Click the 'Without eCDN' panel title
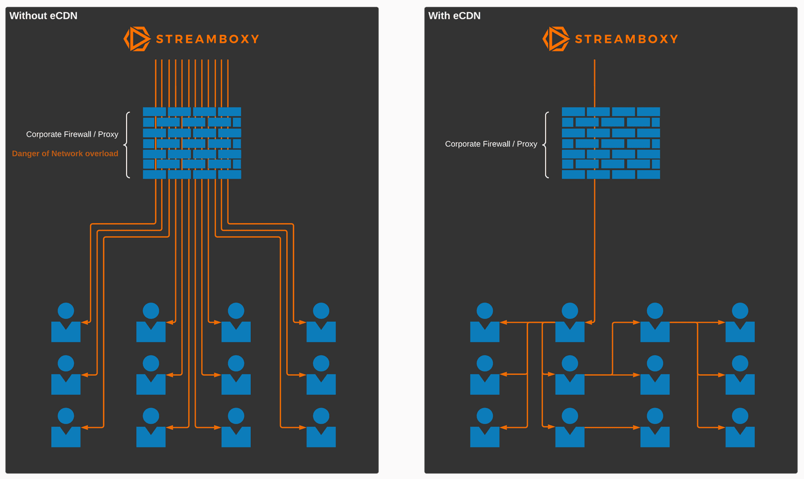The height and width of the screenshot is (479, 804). click(x=43, y=16)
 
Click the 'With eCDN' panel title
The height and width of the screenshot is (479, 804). click(x=454, y=16)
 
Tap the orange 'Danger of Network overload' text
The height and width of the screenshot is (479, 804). click(x=65, y=153)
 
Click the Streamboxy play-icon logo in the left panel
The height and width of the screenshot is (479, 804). click(x=137, y=39)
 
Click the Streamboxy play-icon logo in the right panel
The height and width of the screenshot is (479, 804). click(x=556, y=39)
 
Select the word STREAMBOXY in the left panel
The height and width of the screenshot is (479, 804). click(x=208, y=39)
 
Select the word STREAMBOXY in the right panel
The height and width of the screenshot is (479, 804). click(x=627, y=39)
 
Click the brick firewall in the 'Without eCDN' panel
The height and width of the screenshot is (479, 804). click(x=192, y=143)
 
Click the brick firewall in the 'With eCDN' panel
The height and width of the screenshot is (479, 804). click(x=611, y=143)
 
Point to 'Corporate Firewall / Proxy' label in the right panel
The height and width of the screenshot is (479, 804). click(x=491, y=144)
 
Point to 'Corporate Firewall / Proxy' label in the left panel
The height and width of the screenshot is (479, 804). click(x=72, y=134)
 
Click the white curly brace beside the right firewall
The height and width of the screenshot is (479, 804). click(x=546, y=144)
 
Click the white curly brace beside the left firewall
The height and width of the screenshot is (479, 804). click(x=127, y=144)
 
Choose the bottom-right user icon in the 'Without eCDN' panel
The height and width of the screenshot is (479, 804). click(x=321, y=428)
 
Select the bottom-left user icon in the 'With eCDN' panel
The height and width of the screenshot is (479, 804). click(x=485, y=428)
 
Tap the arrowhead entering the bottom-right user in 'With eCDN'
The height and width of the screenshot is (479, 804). click(x=722, y=427)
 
